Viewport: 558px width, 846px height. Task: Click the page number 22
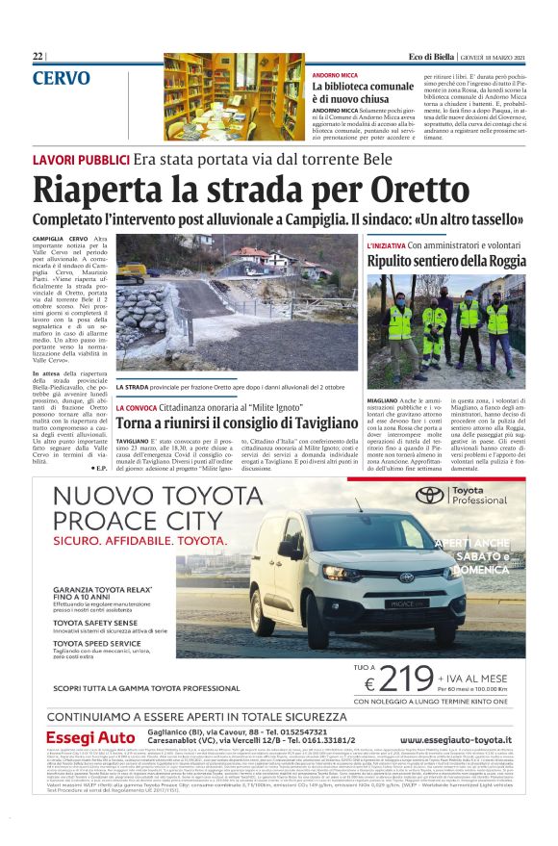38,56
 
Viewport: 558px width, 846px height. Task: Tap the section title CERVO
62,77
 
